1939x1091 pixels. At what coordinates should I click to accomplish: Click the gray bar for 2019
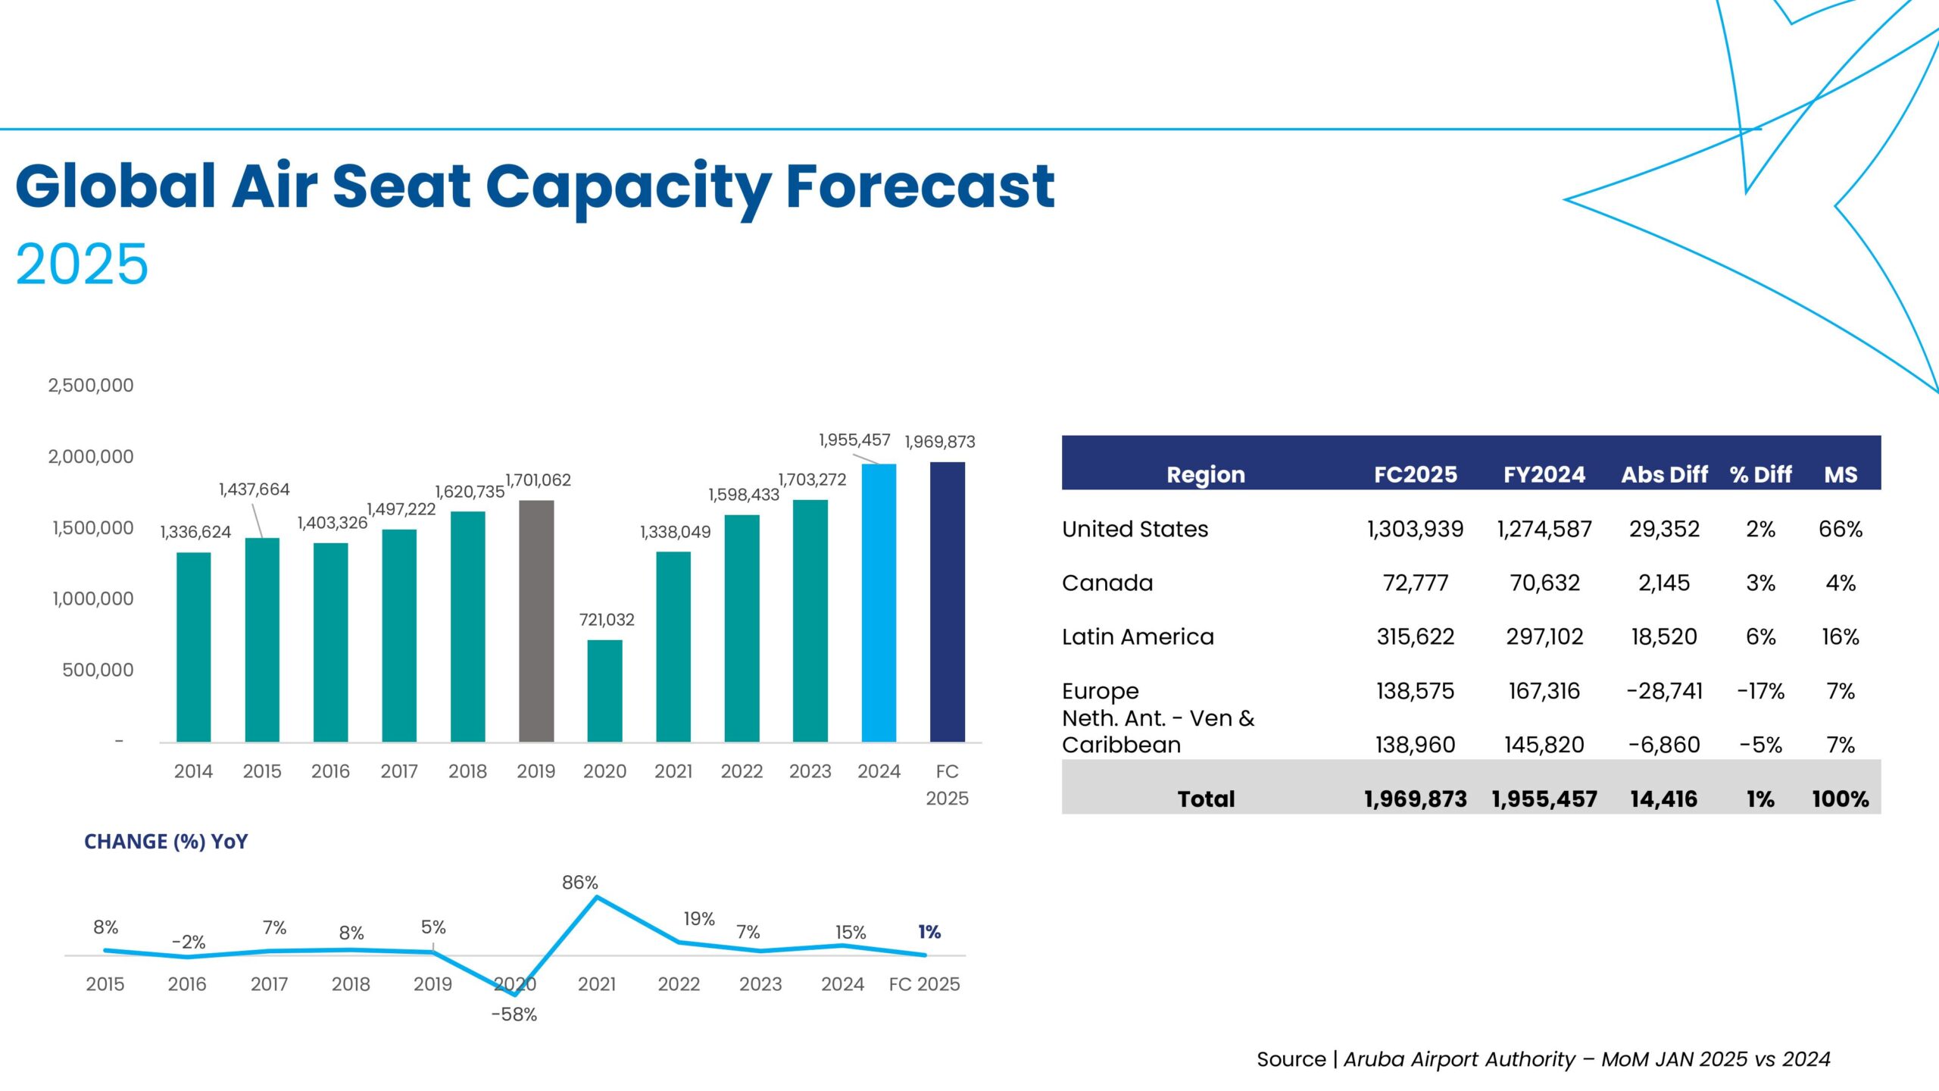536,621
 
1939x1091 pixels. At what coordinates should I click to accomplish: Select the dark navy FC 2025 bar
947,602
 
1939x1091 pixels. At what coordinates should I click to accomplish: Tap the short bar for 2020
604,691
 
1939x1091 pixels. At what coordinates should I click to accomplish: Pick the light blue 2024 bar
879,603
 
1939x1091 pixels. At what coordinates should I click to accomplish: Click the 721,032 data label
607,620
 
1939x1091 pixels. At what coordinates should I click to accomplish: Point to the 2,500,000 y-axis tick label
91,386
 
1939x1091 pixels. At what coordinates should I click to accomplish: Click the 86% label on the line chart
580,883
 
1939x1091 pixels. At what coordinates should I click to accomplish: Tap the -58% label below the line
514,1014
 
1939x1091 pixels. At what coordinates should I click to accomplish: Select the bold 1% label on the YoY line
929,932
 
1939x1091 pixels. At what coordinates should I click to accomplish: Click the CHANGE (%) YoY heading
166,842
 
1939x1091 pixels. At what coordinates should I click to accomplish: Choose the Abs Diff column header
1664,475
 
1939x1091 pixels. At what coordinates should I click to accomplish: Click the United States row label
1135,529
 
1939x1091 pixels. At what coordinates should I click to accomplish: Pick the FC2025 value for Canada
1415,583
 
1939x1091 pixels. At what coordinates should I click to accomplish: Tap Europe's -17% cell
1760,691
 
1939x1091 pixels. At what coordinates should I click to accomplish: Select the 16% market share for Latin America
1840,636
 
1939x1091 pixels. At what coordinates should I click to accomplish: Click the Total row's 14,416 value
1663,799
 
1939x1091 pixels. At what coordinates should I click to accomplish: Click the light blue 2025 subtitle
82,264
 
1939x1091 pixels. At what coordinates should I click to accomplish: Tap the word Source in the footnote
1291,1059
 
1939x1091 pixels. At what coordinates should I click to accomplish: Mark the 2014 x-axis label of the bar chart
193,771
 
